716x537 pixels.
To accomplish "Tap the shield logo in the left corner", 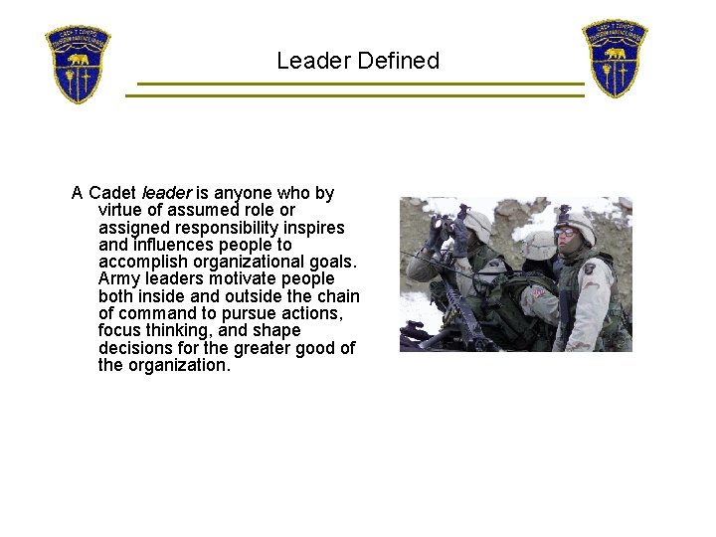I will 78,65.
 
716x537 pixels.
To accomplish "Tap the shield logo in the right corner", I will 615,58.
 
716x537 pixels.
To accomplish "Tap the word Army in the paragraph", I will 120,279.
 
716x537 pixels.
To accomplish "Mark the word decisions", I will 138,348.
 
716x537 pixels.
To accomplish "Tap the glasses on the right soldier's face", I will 565,233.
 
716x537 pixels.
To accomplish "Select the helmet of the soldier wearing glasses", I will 576,223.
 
